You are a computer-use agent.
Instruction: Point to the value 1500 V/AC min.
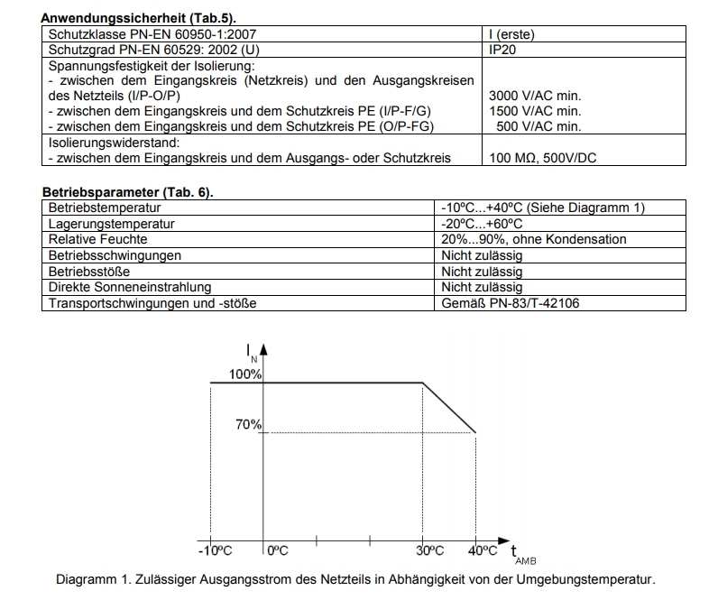point(534,111)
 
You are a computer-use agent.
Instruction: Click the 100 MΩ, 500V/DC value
point(542,158)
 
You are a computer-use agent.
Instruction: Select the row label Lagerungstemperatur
point(111,224)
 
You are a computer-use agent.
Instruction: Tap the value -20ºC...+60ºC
point(482,224)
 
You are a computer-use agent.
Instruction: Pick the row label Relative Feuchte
point(97,239)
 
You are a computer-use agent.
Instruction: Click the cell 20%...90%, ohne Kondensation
point(534,239)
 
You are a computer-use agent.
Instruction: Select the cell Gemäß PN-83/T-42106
point(511,303)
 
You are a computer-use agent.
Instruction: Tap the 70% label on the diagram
point(248,425)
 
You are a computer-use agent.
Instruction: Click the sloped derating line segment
point(449,408)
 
